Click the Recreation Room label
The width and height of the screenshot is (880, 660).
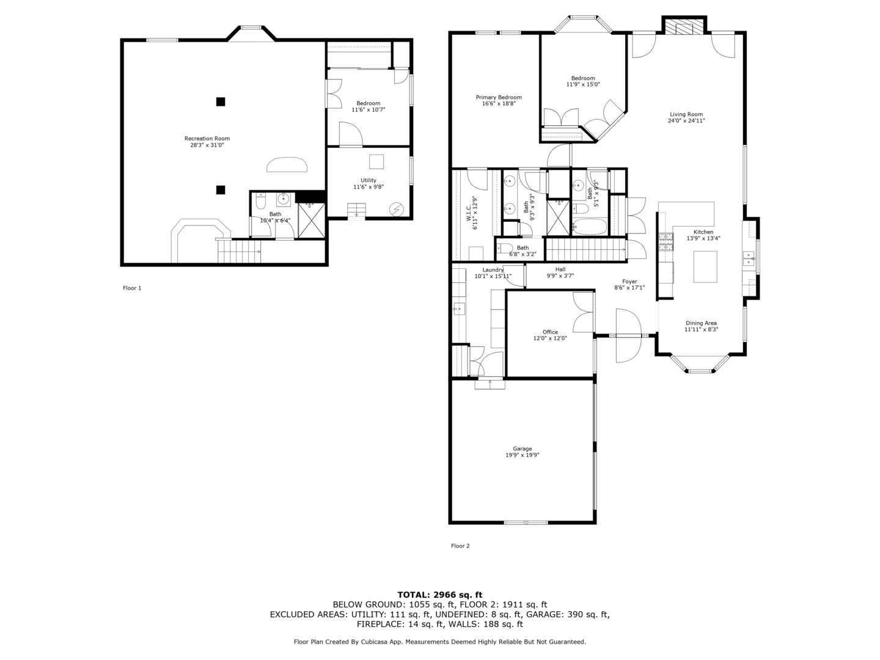tap(207, 139)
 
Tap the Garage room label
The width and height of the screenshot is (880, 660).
tap(522, 449)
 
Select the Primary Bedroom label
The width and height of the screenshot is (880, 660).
tap(499, 97)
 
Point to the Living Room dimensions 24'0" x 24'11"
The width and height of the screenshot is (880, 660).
tap(686, 120)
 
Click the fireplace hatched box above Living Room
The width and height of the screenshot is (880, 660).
tap(684, 26)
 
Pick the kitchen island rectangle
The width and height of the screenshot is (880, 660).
tap(705, 267)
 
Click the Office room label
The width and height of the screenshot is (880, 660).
tap(550, 332)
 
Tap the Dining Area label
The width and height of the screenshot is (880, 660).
tap(701, 323)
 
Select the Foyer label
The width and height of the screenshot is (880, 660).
tap(629, 281)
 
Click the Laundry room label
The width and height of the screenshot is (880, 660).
tap(493, 269)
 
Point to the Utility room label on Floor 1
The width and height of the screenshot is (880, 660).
tap(368, 180)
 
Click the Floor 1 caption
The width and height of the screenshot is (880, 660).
tap(132, 288)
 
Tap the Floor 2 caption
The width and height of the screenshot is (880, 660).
tap(460, 546)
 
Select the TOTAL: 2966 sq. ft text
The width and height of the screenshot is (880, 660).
tap(440, 595)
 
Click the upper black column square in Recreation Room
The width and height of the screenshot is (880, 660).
tap(221, 102)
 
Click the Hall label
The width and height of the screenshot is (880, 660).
tap(560, 269)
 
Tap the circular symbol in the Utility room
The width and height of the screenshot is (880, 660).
tap(397, 209)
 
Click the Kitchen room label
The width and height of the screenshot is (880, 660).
tap(703, 232)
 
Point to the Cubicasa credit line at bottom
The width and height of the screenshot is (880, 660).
tap(440, 642)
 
